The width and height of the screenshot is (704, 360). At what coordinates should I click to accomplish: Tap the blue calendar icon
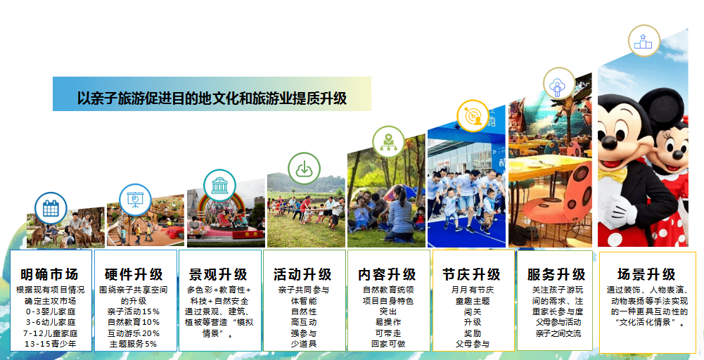click(51, 208)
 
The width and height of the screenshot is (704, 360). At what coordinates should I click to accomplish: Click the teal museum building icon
click(219, 185)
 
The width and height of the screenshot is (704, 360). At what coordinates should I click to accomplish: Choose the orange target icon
click(473, 116)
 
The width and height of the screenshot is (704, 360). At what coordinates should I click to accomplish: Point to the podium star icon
click(643, 41)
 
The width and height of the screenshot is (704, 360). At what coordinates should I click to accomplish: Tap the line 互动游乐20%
click(134, 333)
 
